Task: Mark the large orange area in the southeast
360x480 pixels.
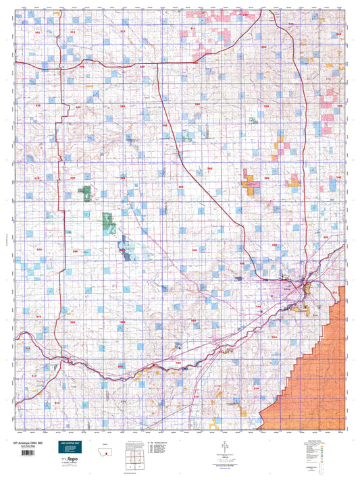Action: (x=324, y=371)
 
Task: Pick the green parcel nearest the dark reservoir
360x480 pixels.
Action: (x=109, y=223)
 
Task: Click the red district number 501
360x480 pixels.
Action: (x=38, y=32)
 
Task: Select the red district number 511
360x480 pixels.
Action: (x=335, y=292)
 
